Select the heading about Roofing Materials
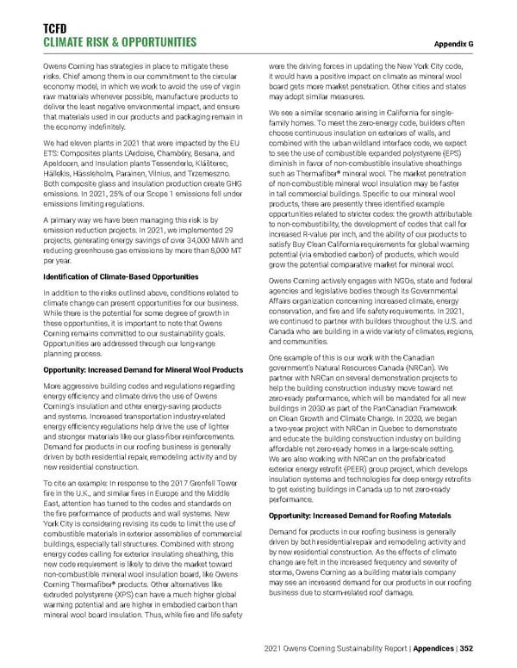point(359,515)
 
